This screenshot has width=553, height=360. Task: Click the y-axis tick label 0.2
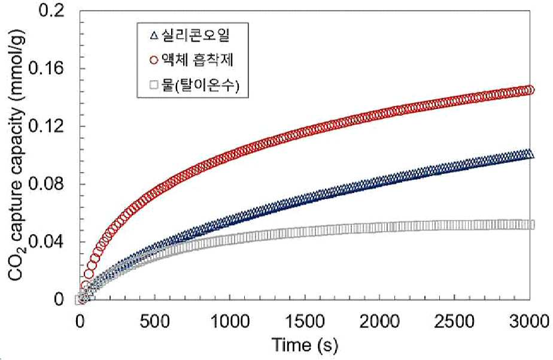[51, 11]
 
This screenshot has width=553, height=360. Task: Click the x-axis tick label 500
[155, 322]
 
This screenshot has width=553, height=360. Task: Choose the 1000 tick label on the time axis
[230, 322]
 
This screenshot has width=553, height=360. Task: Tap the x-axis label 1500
[305, 322]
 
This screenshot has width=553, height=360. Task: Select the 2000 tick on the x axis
[379, 322]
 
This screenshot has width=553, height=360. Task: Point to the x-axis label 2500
[455, 322]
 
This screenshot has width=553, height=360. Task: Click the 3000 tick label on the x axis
[528, 322]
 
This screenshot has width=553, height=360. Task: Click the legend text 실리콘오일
[195, 35]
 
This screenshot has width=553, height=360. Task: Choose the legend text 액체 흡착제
[197, 60]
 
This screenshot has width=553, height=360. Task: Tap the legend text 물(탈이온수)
[200, 86]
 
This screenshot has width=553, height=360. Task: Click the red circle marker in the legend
[154, 60]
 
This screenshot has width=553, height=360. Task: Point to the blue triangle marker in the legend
[153, 36]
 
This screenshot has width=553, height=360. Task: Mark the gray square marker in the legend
[154, 86]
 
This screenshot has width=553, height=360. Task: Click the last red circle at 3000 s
[530, 90]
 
